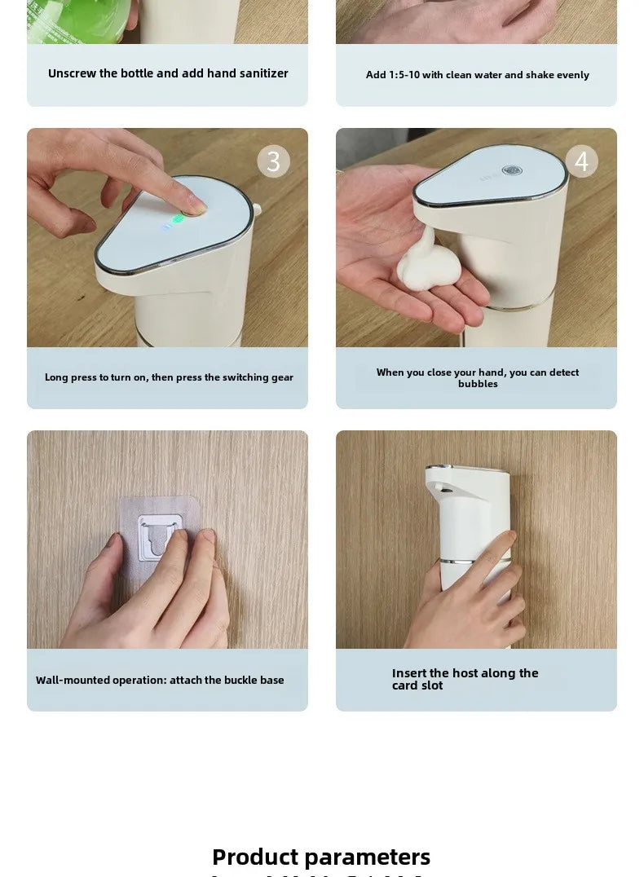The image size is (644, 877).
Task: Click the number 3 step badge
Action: coord(273,161)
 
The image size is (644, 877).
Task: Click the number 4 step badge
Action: coord(581,161)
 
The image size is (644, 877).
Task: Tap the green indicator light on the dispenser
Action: coord(179,218)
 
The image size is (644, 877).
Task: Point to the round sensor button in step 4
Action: coord(512,171)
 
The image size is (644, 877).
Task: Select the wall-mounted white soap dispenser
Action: coord(467,538)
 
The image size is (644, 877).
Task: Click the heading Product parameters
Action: coord(321,857)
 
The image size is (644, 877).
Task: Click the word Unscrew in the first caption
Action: coord(72,73)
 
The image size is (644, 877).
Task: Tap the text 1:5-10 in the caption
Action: coord(404,75)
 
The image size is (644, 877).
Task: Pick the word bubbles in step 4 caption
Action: coord(478,384)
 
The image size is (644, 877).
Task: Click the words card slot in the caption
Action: coord(417,685)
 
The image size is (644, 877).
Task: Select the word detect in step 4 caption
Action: coord(563,372)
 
